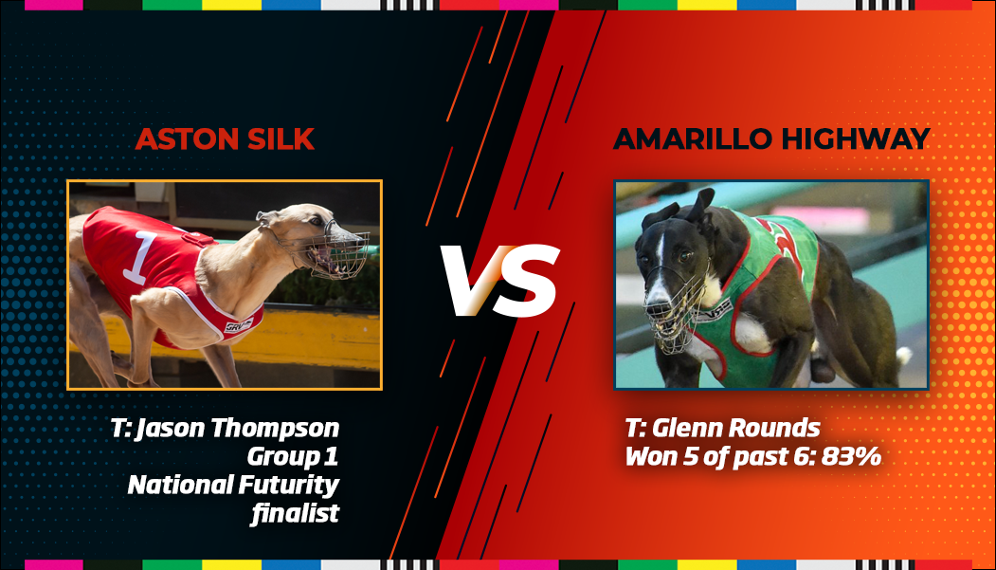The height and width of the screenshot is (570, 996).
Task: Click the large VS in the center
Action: [500, 280]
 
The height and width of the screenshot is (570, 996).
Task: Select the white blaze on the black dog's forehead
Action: [661, 247]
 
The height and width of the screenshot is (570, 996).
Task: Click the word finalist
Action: [295, 513]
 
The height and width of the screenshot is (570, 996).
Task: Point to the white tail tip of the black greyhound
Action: [903, 356]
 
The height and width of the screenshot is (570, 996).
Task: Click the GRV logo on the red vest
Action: [238, 325]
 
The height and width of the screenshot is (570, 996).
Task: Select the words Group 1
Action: [293, 457]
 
